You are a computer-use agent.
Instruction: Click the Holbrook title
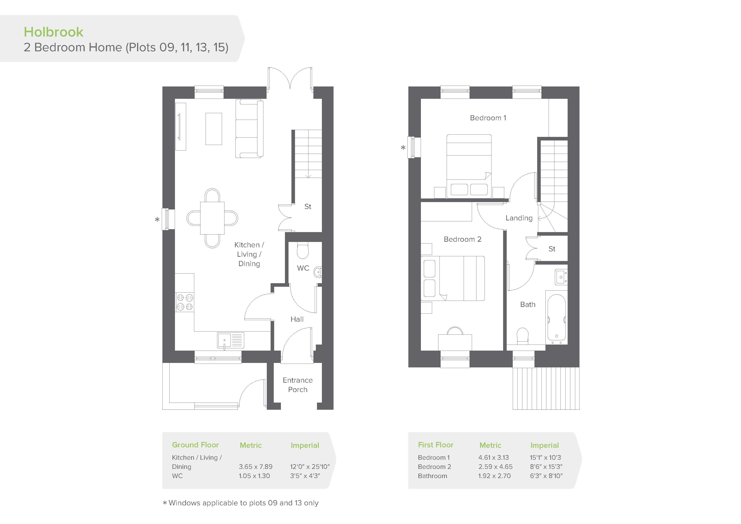pos(54,32)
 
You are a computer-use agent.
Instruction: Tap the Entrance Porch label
pos(297,385)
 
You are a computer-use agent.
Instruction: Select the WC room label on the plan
pos(303,268)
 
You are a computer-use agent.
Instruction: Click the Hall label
pos(297,319)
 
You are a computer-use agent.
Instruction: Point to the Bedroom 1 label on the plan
pos(488,118)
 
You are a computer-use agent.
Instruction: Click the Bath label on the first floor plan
pos(528,304)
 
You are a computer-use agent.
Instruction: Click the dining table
pos(212,218)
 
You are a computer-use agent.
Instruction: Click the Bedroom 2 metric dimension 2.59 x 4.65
pos(495,466)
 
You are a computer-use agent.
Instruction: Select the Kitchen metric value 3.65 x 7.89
pos(256,466)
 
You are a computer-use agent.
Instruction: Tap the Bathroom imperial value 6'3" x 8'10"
pos(546,476)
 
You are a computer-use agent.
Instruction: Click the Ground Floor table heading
pos(195,445)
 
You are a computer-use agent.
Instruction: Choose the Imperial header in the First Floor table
pos(545,445)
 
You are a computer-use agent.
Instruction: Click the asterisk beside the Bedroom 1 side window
pos(403,148)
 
